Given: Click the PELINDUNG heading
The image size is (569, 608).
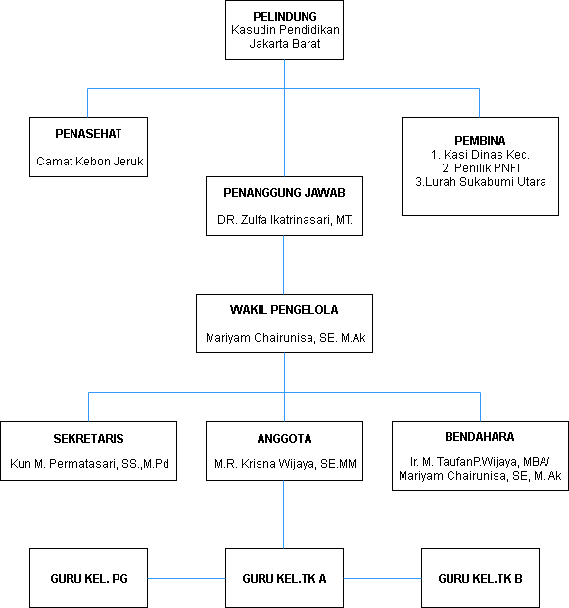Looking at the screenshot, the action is click(x=285, y=17).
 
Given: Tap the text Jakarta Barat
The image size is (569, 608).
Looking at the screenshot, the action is click(x=285, y=44).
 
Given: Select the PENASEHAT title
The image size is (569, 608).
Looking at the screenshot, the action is click(x=88, y=134).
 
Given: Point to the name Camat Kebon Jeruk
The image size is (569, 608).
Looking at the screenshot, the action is click(x=89, y=161).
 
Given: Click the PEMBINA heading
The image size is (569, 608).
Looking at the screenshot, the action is click(x=480, y=140).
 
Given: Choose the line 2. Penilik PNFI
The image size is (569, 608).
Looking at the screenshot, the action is click(x=481, y=167).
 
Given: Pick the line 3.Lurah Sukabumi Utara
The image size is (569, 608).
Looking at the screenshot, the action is click(x=481, y=181).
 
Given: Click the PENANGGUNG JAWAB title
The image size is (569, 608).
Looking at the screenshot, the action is click(x=284, y=193).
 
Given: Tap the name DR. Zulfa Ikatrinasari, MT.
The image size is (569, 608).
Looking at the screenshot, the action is click(x=285, y=220).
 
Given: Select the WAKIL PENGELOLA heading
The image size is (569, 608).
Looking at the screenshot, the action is click(x=284, y=310).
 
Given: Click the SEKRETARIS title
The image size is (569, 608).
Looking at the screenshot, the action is click(x=88, y=439).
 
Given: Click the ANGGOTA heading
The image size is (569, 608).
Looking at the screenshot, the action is click(x=284, y=439).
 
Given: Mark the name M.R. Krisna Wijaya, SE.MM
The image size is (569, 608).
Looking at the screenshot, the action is click(x=285, y=464).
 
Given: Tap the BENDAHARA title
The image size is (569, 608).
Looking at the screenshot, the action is click(x=480, y=437).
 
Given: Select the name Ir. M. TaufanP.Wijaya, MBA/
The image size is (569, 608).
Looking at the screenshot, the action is click(x=480, y=462).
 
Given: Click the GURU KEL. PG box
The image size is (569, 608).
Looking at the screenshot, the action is click(x=88, y=579).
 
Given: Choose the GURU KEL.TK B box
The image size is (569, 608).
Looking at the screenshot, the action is click(x=480, y=579).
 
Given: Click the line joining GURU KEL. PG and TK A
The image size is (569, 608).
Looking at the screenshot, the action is click(x=186, y=579).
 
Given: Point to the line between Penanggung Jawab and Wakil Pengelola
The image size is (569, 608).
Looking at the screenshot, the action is click(x=284, y=264).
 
